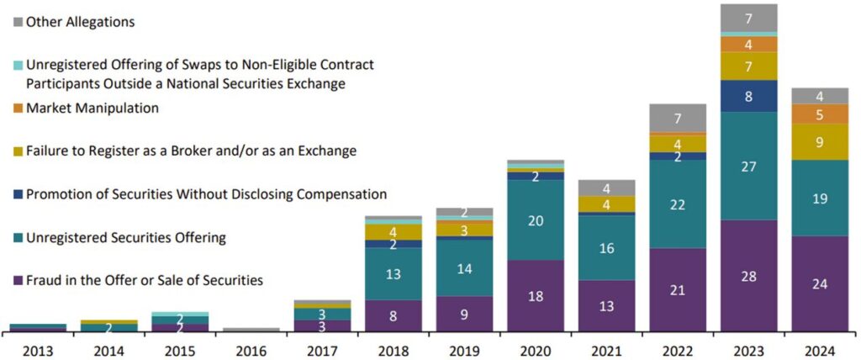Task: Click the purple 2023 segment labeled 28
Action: pyautogui.click(x=748, y=275)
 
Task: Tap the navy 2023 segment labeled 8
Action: pyautogui.click(x=748, y=96)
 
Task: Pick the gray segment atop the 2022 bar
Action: pyautogui.click(x=678, y=118)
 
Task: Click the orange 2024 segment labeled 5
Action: pyautogui.click(x=820, y=114)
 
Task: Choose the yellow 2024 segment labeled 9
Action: pyautogui.click(x=820, y=142)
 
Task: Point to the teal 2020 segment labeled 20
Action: pyautogui.click(x=536, y=220)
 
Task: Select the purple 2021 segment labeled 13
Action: pyautogui.click(x=606, y=305)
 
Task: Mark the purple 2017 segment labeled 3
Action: pyautogui.click(x=322, y=325)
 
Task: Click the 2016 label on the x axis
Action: pyautogui.click(x=251, y=347)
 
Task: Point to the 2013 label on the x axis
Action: pyautogui.click(x=38, y=347)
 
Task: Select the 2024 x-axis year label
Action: pyautogui.click(x=820, y=347)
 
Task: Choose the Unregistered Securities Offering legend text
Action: pyautogui.click(x=126, y=238)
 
